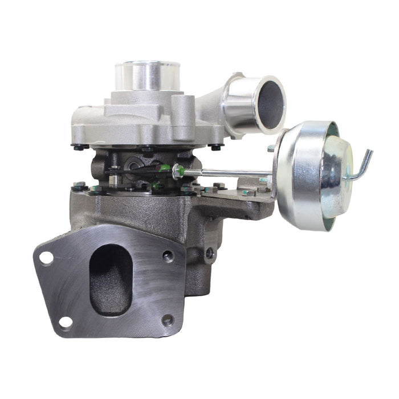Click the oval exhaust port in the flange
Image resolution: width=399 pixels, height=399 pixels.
coord(111,279)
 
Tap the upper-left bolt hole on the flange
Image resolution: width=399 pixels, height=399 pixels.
coord(46,257)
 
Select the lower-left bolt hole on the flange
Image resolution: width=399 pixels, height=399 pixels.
coord(66,322)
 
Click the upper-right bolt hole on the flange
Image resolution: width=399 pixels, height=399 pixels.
coord(168,256)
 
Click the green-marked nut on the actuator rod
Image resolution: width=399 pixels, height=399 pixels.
coord(178,170)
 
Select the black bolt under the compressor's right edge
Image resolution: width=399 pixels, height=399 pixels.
coord(216,147)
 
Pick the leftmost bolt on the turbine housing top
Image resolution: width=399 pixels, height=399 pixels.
coord(79,185)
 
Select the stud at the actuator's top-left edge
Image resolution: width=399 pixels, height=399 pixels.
coord(271,148)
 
